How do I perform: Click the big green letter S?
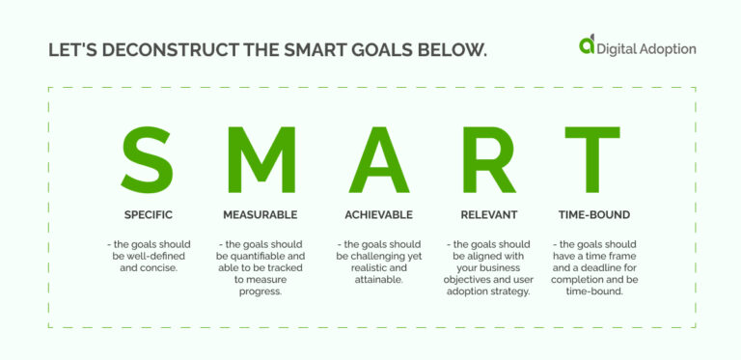pyautogui.click(x=148, y=158)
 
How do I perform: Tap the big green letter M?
pyautogui.click(x=261, y=158)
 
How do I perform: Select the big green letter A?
pyautogui.click(x=378, y=158)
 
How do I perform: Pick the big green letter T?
pyautogui.click(x=591, y=158)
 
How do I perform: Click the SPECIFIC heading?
pyautogui.click(x=148, y=214)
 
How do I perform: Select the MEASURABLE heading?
pyautogui.click(x=261, y=214)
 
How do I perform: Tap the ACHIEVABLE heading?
pyautogui.click(x=378, y=214)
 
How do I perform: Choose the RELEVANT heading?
pyautogui.click(x=488, y=214)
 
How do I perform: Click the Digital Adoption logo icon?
pyautogui.click(x=586, y=44)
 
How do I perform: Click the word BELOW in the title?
pyautogui.click(x=453, y=48)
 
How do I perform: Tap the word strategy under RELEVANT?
pyautogui.click(x=512, y=291)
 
